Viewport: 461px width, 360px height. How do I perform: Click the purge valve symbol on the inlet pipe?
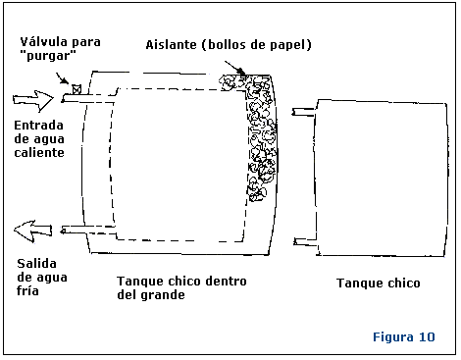coord(77,89)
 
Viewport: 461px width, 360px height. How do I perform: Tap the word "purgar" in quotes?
coord(48,55)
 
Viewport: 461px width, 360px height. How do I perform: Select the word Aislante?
coord(171,44)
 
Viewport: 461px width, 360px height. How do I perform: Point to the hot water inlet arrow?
coord(33,100)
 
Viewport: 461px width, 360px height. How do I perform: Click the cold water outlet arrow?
coord(32,231)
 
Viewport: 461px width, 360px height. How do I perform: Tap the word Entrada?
coord(38,126)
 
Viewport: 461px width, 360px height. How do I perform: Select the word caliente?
coord(39,152)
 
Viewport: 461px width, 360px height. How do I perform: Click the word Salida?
coord(36,263)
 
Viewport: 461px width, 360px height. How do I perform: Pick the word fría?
coord(27,290)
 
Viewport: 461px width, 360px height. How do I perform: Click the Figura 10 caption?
coord(404,336)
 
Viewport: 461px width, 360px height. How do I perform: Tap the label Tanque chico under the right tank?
coord(379,283)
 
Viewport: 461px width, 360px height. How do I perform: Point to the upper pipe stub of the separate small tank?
coord(304,112)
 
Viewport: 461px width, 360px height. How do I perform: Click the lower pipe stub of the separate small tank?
coord(306,242)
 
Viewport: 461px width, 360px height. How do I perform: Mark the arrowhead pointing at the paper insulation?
coord(241,72)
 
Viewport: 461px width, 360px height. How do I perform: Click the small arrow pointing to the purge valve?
coord(62,78)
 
